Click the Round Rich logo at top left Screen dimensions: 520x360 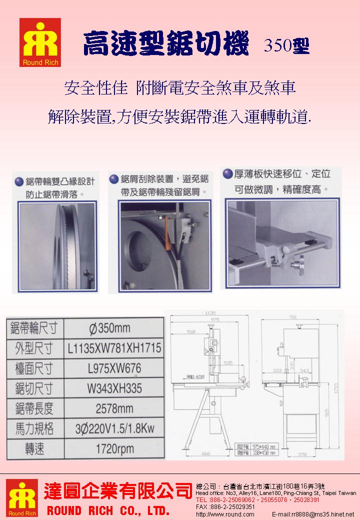point(40,43)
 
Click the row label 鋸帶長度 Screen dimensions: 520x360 point(34,408)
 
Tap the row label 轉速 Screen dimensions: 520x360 point(34,449)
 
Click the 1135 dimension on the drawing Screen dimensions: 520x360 point(210,313)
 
